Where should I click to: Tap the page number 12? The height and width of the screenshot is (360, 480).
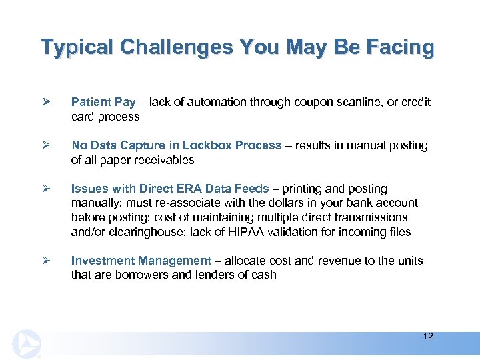428,336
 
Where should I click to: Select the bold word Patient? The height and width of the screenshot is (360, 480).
91,102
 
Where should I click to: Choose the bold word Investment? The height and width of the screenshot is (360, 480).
103,261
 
